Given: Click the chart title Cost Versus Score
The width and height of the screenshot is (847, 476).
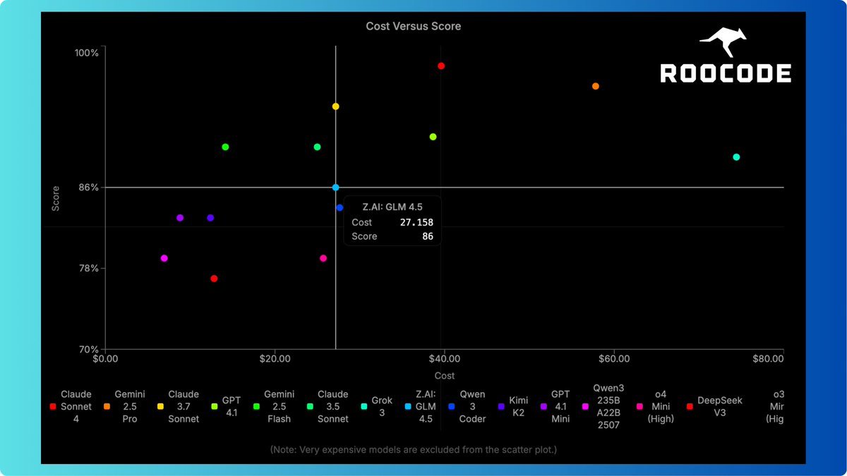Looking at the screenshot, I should [413, 26].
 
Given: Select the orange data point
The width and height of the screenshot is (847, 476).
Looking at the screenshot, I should [596, 86].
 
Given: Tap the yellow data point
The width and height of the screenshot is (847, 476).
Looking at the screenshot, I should [336, 106].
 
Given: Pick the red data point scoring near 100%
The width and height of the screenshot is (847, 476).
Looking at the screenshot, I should [441, 66].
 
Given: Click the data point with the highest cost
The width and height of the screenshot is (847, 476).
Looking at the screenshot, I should [736, 157].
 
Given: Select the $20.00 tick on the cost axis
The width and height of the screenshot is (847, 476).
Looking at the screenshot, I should [275, 358].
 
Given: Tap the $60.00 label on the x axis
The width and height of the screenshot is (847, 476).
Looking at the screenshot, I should [614, 358].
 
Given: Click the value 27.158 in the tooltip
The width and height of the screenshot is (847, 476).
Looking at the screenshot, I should [416, 222].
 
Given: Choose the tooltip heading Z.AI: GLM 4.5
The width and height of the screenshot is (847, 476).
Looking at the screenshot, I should [392, 206].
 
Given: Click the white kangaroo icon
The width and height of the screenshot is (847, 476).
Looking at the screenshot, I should [723, 42].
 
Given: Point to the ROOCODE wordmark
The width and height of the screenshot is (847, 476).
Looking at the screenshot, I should [726, 73].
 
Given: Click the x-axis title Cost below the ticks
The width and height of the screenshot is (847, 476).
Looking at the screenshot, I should [445, 376].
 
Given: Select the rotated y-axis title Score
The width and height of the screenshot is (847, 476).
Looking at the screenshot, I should [55, 198].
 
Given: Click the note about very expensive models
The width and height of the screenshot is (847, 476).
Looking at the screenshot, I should [413, 449].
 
